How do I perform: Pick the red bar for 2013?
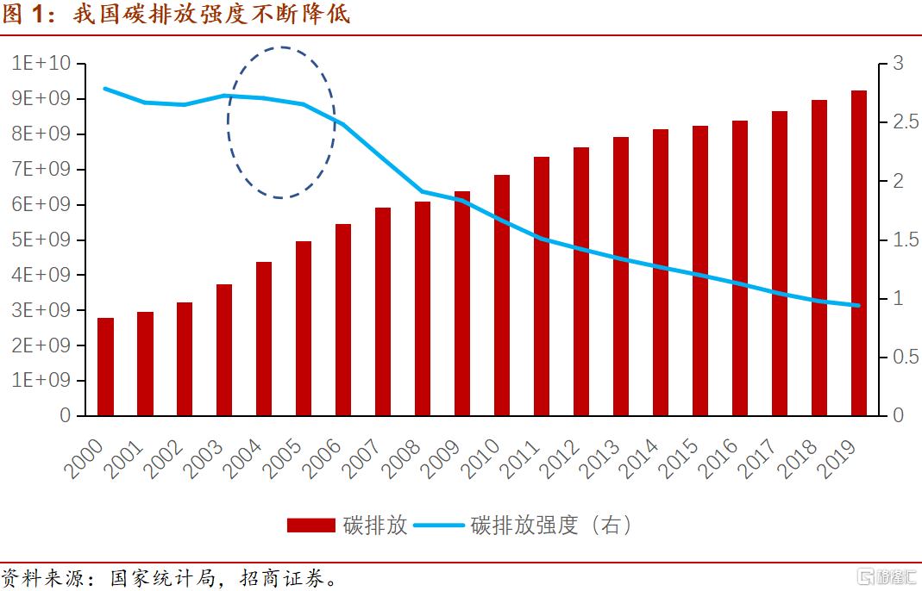pos(621,276)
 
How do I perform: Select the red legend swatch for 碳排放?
pos(310,526)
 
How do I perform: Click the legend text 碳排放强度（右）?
pos(551,526)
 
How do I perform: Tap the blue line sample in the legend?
pos(439,526)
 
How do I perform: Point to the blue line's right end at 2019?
pos(858,305)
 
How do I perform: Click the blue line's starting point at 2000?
pos(105,89)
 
